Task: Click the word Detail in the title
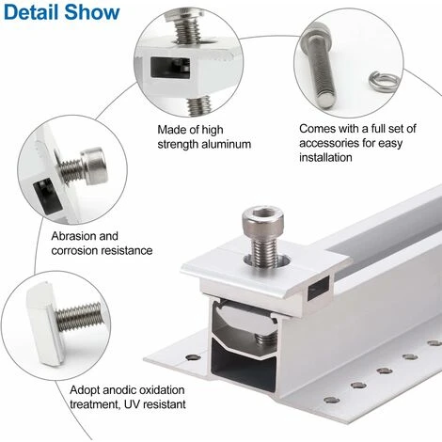31,12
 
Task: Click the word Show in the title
92,12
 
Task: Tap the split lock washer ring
385,82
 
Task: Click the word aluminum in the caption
226,145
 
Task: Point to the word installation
325,157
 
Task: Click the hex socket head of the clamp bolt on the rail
263,219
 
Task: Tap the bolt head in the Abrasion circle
95,166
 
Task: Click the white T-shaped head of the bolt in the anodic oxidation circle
43,324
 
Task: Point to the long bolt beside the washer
319,66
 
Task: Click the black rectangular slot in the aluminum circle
170,68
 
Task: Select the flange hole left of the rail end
191,356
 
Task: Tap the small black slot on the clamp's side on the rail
319,288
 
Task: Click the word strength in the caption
178,145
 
